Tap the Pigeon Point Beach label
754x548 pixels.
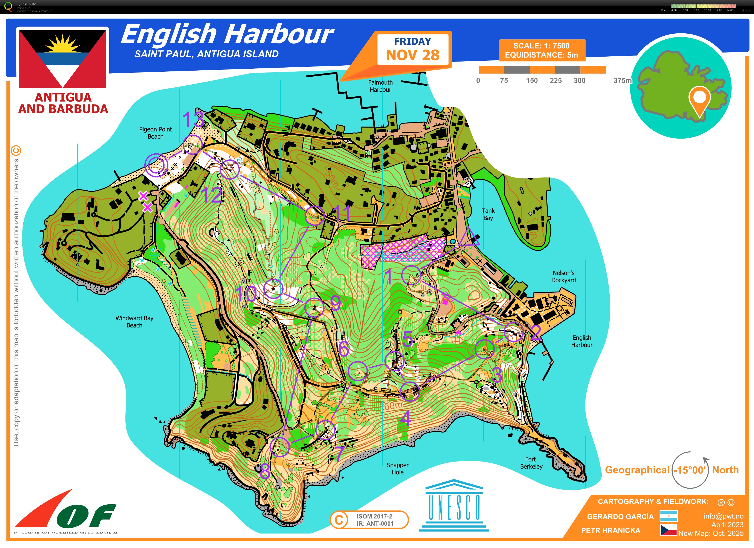tap(155, 133)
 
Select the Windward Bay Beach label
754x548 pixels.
tap(134, 322)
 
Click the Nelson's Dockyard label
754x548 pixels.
tap(563, 276)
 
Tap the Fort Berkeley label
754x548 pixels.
tap(531, 463)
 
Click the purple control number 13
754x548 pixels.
tap(193, 119)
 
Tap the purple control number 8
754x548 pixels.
tap(265, 471)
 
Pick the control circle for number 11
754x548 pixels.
tap(314, 216)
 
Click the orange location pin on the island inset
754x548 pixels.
tap(699, 99)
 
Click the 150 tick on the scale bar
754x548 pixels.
tap(532, 80)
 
